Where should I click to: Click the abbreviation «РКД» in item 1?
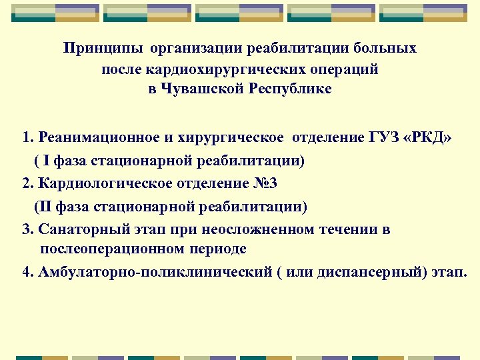click(428, 138)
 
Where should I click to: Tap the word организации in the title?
click(197, 49)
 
